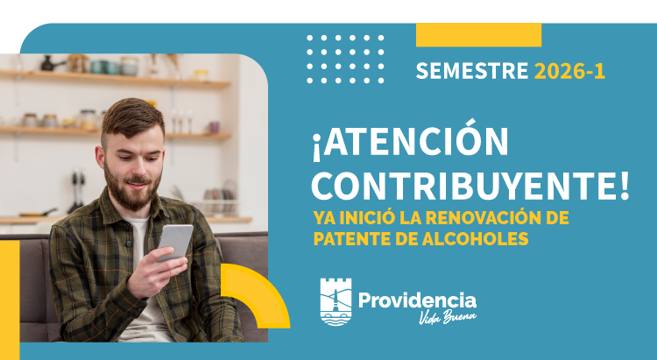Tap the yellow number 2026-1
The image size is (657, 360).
click(569, 72)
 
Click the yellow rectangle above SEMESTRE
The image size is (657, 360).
click(478, 35)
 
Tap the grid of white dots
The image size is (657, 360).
click(345, 59)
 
